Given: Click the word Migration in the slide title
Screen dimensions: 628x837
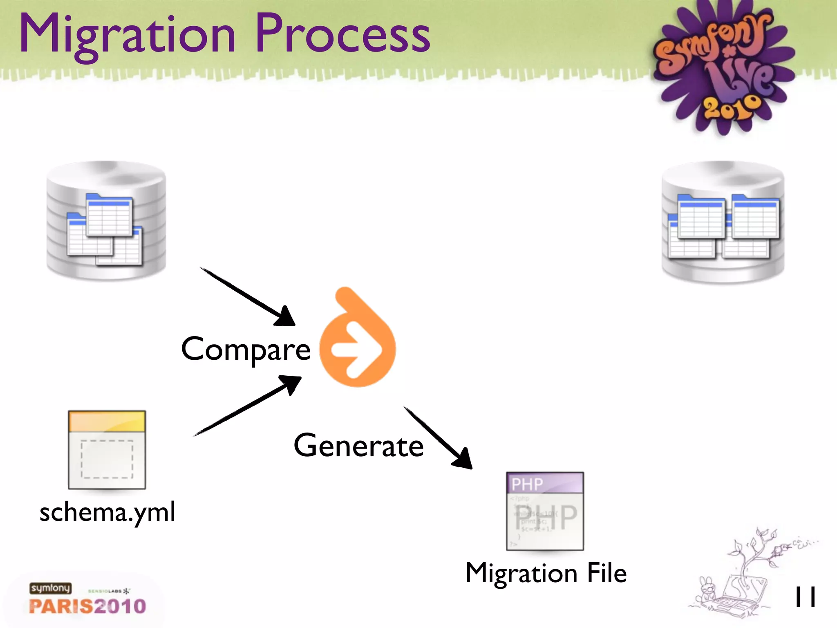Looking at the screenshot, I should pyautogui.click(x=127, y=35).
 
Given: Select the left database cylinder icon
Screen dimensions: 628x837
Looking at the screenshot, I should pyautogui.click(x=106, y=221).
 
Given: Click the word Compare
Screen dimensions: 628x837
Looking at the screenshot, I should pyautogui.click(x=246, y=350).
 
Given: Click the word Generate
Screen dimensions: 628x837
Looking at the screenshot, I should pyautogui.click(x=358, y=446).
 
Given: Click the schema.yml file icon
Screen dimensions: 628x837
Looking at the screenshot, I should pyautogui.click(x=107, y=450).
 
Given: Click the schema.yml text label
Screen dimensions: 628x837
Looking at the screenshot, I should pyautogui.click(x=107, y=512).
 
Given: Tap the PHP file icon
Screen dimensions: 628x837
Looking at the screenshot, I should pyautogui.click(x=545, y=511).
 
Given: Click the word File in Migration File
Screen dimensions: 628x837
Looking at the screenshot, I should pyautogui.click(x=607, y=573).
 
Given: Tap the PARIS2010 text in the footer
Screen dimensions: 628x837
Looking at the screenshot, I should pyautogui.click(x=87, y=606).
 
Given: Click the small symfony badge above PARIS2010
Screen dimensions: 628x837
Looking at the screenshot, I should pyautogui.click(x=50, y=588).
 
